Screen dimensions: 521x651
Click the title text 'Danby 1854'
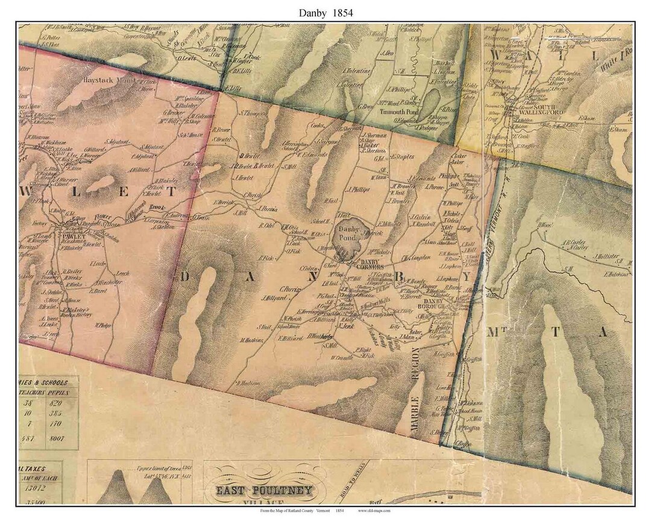pos(325,12)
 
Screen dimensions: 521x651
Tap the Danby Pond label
pos(348,233)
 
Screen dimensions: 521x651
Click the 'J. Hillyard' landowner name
pos(272,297)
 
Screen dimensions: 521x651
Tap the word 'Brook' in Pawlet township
pos(158,206)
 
